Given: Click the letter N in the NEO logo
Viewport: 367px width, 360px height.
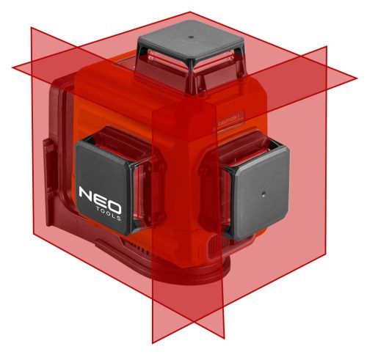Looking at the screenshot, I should click(x=87, y=194).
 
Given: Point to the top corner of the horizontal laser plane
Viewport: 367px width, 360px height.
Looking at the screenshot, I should click(x=192, y=12).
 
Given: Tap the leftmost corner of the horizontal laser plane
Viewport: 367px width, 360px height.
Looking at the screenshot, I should click(x=12, y=67).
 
